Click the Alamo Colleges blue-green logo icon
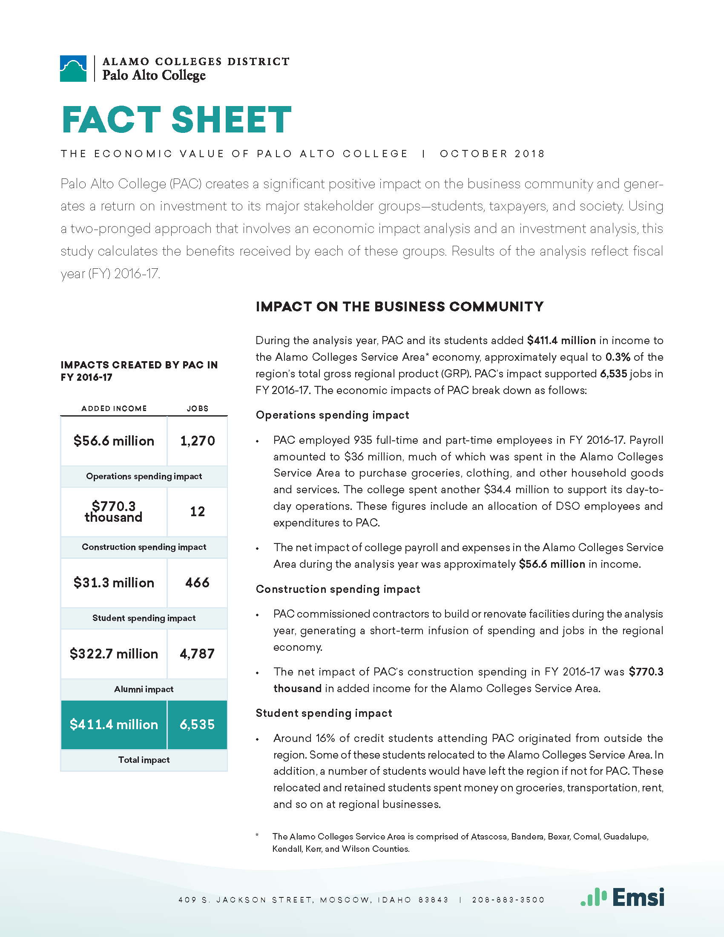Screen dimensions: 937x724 click(x=73, y=69)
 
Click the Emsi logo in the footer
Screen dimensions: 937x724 click(x=622, y=897)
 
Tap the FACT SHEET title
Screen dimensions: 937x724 click(x=176, y=120)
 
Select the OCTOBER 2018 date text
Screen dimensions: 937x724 click(x=492, y=154)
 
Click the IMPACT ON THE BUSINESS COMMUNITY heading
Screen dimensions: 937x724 click(x=399, y=307)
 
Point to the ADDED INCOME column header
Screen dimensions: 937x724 click(x=114, y=408)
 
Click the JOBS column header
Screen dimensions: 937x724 click(x=197, y=408)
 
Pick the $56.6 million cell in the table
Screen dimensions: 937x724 click(x=114, y=441)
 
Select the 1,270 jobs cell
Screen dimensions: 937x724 click(x=197, y=441)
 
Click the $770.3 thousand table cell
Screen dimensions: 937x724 click(x=114, y=512)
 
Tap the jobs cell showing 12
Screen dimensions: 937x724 click(x=197, y=512)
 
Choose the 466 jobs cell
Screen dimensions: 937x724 click(x=197, y=583)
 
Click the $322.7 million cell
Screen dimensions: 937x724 click(x=114, y=654)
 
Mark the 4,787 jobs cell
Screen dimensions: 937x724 click(x=197, y=654)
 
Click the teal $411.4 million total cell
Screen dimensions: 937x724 click(x=114, y=724)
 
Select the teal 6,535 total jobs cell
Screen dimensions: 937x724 click(x=197, y=724)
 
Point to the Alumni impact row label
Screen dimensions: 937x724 click(x=144, y=690)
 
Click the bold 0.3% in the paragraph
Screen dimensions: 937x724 click(x=618, y=357)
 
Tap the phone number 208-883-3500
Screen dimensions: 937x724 click(x=508, y=900)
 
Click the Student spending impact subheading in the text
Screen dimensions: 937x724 click(x=324, y=713)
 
